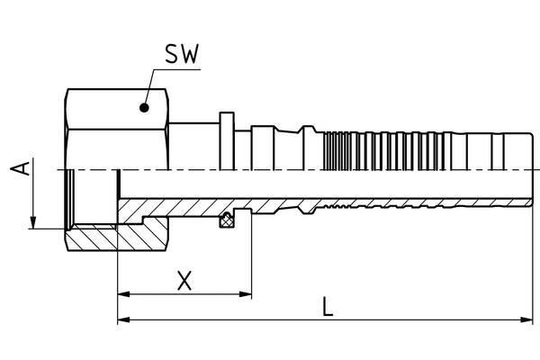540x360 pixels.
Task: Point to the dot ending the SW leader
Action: coord(142,107)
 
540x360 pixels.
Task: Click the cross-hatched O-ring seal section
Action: coord(229,220)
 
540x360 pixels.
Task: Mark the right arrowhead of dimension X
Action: coord(245,293)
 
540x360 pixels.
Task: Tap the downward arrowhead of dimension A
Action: coord(33,221)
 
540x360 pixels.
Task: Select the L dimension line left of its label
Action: coord(225,319)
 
